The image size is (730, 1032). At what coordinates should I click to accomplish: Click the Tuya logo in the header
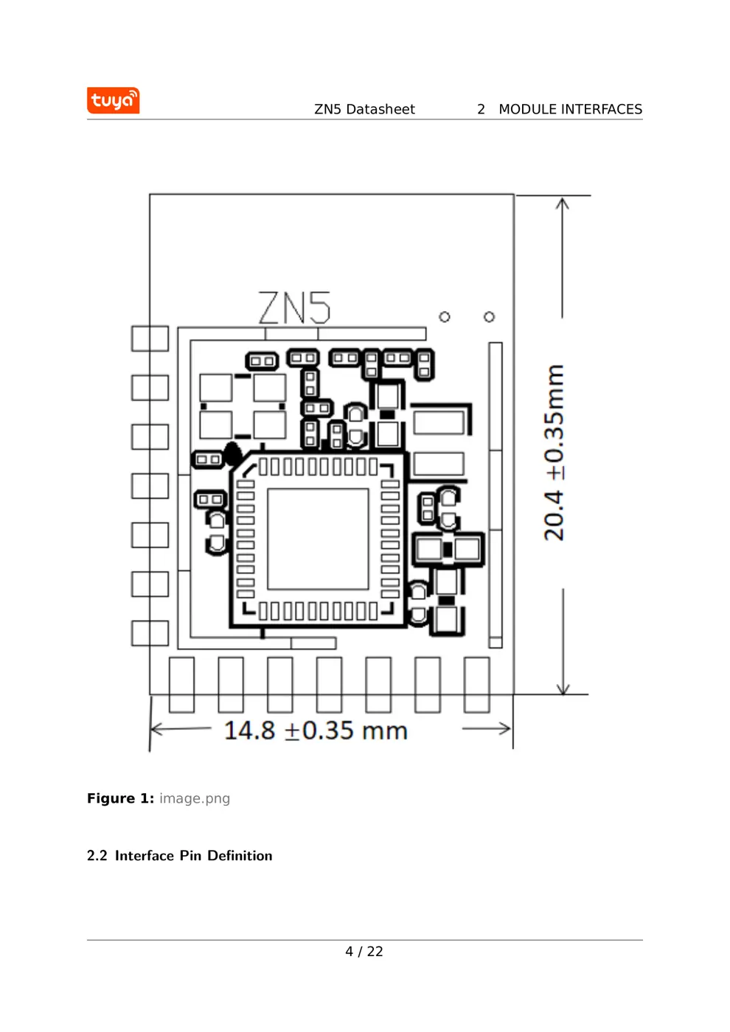[x=113, y=100]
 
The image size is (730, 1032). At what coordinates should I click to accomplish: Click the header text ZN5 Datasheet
[x=364, y=109]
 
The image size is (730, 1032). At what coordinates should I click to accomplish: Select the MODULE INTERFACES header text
[x=570, y=109]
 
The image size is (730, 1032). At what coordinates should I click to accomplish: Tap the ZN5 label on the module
[x=294, y=308]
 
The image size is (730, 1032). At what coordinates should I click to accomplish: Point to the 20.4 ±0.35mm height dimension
[x=554, y=453]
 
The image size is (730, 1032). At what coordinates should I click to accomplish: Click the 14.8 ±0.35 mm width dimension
[x=316, y=731]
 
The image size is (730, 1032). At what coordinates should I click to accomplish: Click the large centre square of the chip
[x=318, y=539]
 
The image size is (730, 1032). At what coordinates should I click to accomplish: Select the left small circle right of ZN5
[x=445, y=317]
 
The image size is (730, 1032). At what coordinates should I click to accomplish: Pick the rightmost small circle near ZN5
[x=489, y=317]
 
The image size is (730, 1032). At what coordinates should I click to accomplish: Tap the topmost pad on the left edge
[x=150, y=338]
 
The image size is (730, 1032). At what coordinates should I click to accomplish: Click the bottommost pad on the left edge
[x=150, y=633]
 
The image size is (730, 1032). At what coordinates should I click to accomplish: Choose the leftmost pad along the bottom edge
[x=181, y=685]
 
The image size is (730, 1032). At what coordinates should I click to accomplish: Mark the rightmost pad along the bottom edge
[x=476, y=685]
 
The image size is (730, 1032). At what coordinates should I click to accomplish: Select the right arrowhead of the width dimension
[x=506, y=729]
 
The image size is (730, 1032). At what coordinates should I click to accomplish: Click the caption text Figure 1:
[x=120, y=798]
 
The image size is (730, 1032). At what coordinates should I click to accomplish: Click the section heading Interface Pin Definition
[x=193, y=856]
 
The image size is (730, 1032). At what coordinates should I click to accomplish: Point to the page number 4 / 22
[x=364, y=952]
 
